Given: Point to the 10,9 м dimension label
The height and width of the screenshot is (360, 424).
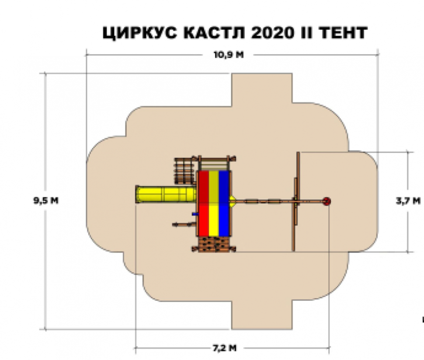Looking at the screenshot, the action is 229,55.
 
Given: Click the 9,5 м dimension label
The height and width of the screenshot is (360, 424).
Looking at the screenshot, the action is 46,201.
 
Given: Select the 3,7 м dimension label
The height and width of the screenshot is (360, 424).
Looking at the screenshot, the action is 408,201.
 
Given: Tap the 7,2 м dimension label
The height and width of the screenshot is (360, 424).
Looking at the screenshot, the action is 225,348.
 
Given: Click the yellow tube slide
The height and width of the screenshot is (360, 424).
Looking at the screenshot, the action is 166,194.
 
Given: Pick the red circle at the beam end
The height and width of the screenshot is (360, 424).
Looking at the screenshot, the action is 327,201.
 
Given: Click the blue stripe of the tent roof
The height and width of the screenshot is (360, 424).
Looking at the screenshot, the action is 224,203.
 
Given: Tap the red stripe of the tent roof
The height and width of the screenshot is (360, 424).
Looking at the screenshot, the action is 204,203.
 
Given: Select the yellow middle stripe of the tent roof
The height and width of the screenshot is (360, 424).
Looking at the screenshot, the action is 214,203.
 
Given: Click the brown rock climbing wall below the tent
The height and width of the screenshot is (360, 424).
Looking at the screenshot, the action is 214,245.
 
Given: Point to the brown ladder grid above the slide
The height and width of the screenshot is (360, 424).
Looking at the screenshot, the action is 185,171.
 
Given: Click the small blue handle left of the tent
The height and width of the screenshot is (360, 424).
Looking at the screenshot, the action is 195,214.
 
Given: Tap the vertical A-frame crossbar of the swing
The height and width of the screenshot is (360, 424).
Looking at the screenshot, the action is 296,202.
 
